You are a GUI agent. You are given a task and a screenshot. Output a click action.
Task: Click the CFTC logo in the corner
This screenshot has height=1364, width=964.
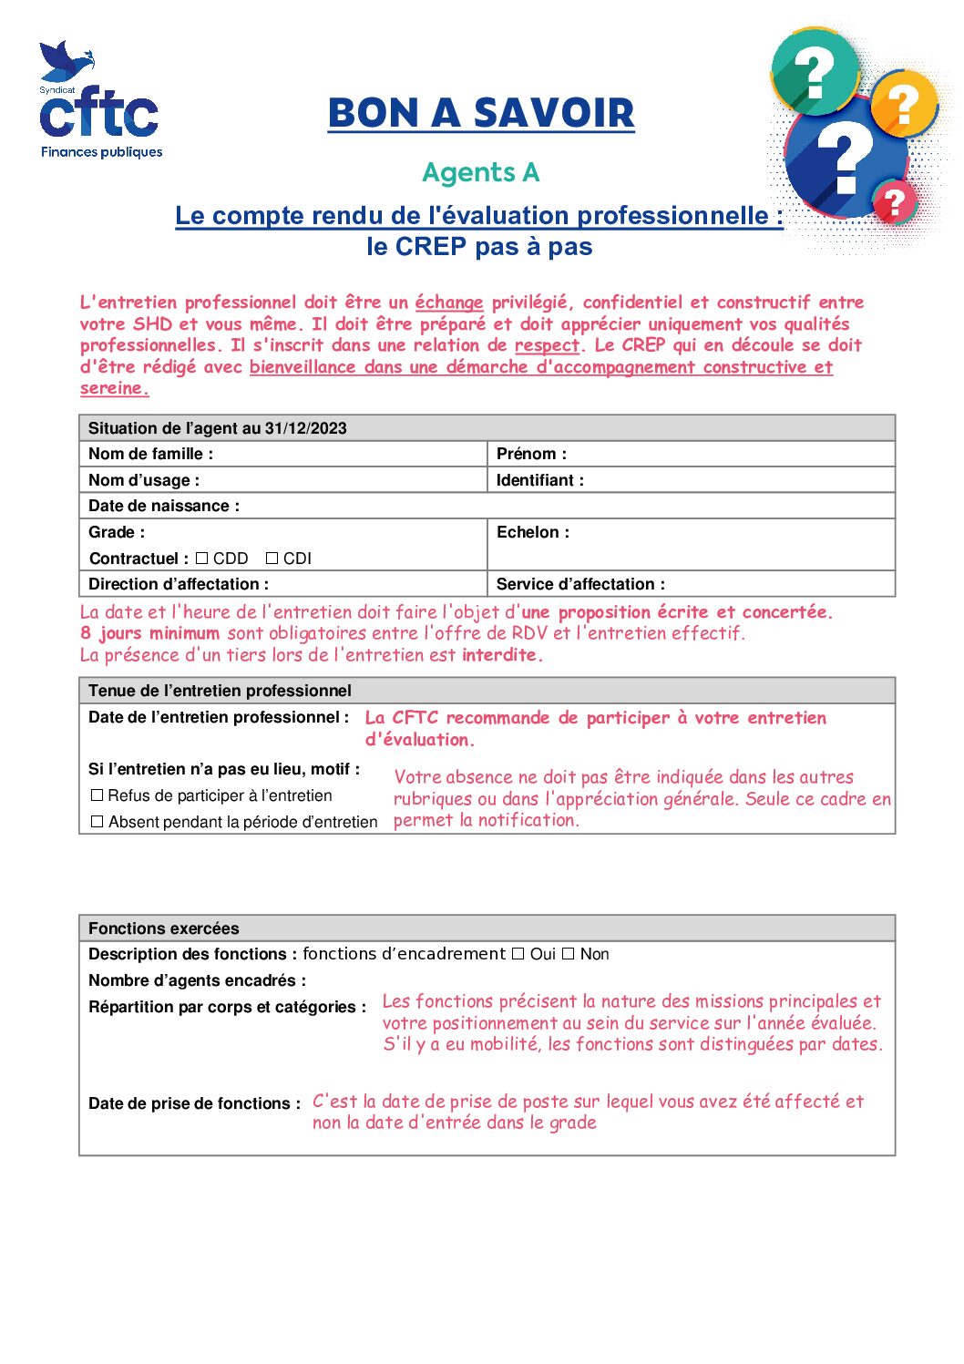[x=100, y=101]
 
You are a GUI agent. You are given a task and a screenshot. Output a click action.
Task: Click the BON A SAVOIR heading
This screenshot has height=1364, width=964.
[x=481, y=114]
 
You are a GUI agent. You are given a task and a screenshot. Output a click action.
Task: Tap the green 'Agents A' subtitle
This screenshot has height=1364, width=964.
[x=481, y=172]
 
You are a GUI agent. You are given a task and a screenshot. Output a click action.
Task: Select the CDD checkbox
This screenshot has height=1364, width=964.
[x=202, y=559]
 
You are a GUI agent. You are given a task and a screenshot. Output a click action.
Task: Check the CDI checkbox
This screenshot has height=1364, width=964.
[x=272, y=559]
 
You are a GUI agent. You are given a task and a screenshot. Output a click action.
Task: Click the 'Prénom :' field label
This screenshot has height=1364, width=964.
[x=531, y=454]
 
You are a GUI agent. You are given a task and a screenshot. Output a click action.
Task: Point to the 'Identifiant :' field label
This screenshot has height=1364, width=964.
[x=540, y=480]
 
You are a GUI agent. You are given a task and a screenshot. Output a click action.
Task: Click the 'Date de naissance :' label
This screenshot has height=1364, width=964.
[x=164, y=506]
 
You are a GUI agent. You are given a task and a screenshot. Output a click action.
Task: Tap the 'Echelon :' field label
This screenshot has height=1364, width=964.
[x=533, y=532]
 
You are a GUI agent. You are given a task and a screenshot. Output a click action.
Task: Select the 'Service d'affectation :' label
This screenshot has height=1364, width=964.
[x=580, y=584]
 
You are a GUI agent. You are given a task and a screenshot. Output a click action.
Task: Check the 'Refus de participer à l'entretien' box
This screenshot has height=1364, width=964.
[x=97, y=795]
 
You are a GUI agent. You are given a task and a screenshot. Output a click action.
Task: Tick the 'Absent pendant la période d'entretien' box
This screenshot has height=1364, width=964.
[x=97, y=822]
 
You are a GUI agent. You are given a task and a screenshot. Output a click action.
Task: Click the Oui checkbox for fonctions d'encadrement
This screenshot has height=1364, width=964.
[x=518, y=954]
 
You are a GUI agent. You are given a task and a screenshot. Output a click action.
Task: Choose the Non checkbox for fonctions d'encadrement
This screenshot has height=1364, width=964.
[x=569, y=954]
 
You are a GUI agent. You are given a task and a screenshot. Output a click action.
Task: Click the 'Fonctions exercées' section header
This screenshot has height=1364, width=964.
[x=164, y=928]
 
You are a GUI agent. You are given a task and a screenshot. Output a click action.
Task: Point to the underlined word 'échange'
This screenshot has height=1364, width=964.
[x=449, y=303]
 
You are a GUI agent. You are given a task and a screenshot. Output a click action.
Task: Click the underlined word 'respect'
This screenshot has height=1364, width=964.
[x=547, y=345]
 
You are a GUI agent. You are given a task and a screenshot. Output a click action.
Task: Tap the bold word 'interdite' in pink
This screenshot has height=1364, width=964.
[x=502, y=655]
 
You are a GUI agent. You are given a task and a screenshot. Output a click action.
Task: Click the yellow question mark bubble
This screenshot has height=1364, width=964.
[x=904, y=105]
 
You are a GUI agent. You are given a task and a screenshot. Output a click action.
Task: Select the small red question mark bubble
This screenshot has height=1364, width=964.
[x=895, y=201]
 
